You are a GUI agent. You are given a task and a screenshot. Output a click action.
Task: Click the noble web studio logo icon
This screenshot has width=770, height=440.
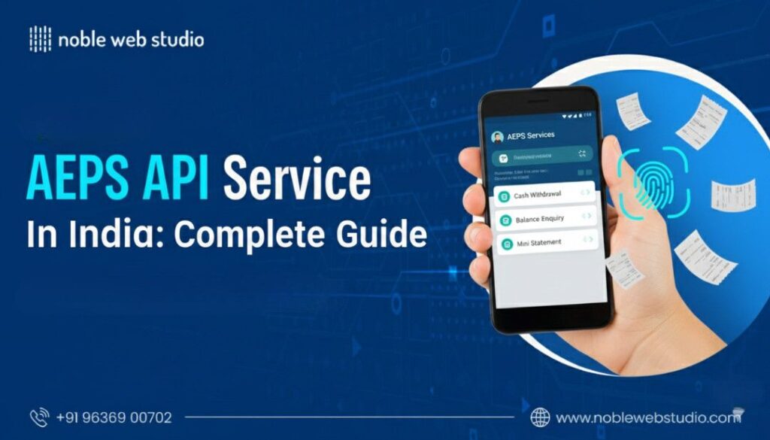(x=40, y=39)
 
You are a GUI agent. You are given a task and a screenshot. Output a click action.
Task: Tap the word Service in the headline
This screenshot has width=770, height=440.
(x=296, y=181)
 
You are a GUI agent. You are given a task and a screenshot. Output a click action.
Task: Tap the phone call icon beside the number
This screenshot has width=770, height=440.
(x=39, y=417)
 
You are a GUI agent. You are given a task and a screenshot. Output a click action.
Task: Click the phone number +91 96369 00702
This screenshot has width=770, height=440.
(x=114, y=417)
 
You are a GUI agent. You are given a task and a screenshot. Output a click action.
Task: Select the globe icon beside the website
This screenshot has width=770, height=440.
(x=540, y=417)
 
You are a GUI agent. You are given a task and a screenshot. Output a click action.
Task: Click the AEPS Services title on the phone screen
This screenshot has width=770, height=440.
(x=531, y=135)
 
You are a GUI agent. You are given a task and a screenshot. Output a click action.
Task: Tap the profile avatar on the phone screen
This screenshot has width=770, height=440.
(x=497, y=137)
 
